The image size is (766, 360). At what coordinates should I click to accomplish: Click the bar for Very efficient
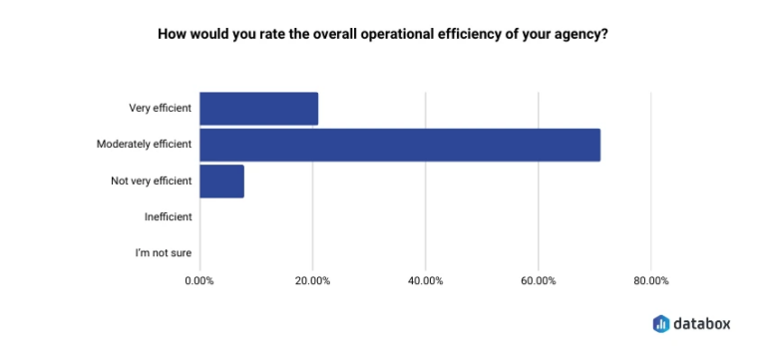[258, 109]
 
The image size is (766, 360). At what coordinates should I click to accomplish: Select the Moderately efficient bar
[399, 145]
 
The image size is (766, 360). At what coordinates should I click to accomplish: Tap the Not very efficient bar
[221, 181]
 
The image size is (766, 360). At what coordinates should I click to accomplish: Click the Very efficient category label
[160, 109]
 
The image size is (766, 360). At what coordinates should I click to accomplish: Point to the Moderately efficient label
[144, 145]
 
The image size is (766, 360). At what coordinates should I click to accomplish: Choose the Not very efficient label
[151, 181]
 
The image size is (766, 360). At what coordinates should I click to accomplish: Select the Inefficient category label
[168, 217]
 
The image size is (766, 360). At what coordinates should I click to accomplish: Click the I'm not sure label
[163, 253]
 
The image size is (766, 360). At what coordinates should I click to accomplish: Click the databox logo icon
[661, 323]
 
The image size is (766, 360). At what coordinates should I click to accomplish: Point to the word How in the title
[172, 33]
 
